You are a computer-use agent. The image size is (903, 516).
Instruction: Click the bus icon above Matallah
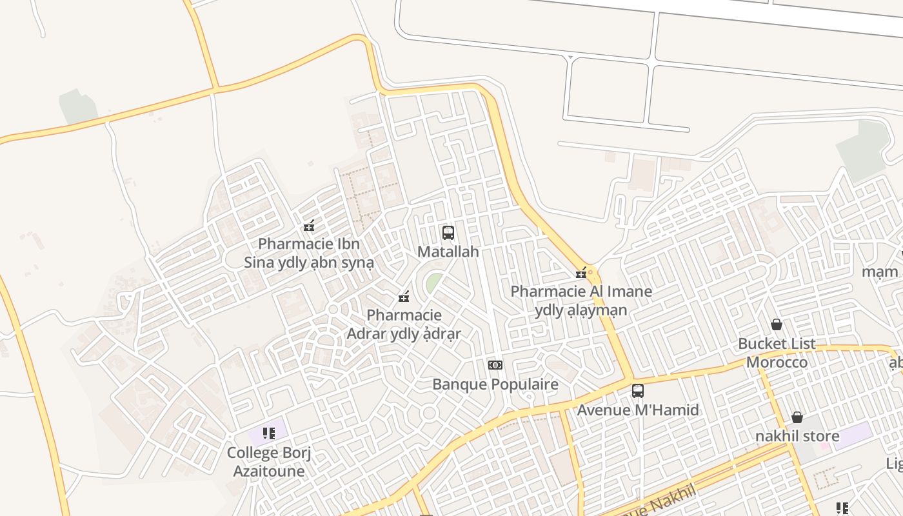448,233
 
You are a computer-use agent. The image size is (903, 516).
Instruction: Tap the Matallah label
448,252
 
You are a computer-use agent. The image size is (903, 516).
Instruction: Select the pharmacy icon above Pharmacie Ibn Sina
309,226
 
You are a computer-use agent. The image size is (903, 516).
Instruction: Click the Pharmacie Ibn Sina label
309,253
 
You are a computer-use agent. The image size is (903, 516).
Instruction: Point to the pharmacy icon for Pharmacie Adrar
404,297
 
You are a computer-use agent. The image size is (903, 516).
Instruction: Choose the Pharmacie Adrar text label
404,324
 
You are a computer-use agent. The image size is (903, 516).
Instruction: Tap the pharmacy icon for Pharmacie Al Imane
581,273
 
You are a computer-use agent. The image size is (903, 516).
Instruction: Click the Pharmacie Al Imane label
581,301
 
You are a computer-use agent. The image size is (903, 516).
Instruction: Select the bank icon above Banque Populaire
495,365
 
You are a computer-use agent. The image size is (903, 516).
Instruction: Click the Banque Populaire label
495,384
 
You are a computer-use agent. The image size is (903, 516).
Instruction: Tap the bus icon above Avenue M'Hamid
637,391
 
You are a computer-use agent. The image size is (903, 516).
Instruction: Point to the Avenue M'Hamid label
637,410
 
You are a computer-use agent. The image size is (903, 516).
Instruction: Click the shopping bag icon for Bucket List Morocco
777,324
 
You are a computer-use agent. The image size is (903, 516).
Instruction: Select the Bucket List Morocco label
777,353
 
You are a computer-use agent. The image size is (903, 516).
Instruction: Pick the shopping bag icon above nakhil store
797,417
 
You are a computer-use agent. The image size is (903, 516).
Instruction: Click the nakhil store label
797,437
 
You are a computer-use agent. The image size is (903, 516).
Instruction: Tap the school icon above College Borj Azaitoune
268,433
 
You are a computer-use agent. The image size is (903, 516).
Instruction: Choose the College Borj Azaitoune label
268,462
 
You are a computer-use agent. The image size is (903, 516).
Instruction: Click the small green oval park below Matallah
434,282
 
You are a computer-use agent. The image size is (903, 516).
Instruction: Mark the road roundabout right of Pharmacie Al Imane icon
590,273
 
